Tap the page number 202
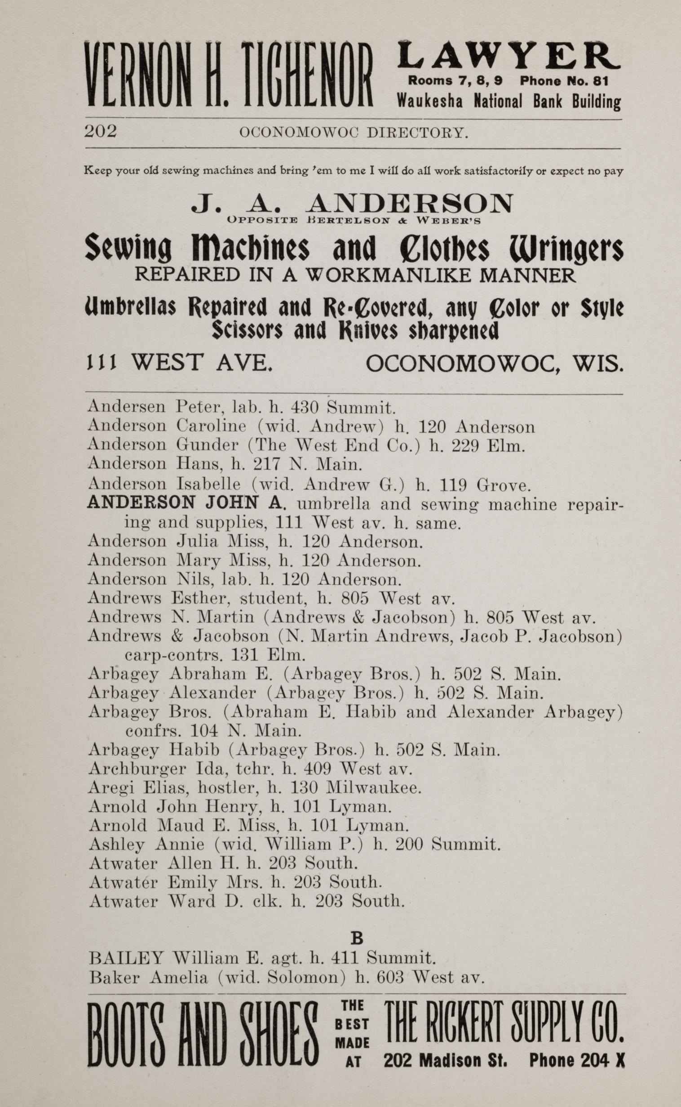(x=101, y=132)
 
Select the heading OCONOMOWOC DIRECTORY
(x=354, y=133)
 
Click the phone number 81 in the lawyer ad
(x=601, y=81)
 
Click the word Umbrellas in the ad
(x=130, y=308)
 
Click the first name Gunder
(x=207, y=445)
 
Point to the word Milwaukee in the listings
(x=373, y=787)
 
